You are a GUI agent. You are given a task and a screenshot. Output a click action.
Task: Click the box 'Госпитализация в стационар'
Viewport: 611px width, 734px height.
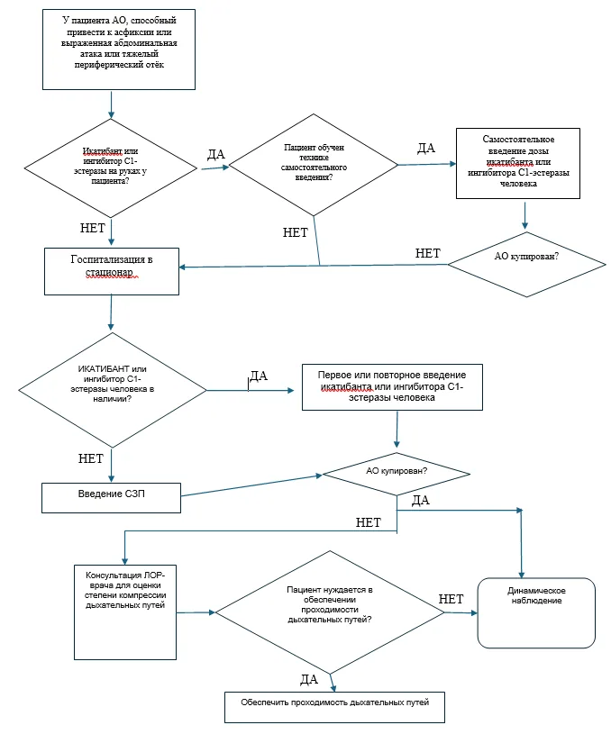tap(112, 271)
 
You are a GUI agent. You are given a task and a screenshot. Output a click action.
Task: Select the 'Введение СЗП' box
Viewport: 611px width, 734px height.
tap(111, 498)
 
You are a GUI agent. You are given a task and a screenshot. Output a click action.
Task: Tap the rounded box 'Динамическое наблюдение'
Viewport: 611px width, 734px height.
tap(536, 612)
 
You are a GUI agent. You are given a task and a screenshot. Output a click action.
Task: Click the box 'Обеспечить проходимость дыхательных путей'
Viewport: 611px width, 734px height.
tap(334, 707)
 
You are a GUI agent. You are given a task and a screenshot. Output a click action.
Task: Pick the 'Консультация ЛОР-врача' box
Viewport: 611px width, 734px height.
tap(125, 612)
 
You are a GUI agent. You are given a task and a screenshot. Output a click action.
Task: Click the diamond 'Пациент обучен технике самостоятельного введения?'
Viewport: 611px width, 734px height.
tap(314, 165)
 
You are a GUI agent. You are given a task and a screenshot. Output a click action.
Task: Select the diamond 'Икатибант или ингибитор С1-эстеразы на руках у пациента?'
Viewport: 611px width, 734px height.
tap(111, 168)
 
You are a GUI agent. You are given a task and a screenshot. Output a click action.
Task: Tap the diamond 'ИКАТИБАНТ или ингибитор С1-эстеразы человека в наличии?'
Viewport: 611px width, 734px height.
tap(113, 390)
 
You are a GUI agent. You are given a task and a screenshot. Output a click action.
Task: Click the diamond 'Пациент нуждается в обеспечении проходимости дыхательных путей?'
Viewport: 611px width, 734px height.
tap(330, 612)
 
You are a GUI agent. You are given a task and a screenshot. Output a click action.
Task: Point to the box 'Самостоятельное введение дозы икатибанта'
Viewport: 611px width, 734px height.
tap(518, 163)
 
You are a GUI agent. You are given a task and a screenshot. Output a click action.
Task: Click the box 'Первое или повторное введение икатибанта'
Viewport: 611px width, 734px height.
tap(392, 387)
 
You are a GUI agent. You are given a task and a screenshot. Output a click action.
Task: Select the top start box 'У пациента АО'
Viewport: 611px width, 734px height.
tap(119, 50)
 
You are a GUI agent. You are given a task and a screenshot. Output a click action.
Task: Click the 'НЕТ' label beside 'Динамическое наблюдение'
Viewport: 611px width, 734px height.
tap(451, 599)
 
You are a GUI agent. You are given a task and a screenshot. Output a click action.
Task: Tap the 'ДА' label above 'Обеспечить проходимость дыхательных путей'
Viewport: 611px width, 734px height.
tap(309, 680)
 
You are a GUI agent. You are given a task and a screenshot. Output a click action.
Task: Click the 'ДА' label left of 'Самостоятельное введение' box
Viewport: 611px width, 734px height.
tap(426, 148)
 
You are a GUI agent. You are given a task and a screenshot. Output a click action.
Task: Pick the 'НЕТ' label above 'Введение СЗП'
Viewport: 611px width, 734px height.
tap(90, 458)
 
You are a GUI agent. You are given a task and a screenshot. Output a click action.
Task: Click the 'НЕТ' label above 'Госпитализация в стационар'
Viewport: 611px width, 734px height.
tap(92, 228)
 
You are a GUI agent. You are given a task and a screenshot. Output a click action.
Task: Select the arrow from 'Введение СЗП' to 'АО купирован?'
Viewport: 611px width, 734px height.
tap(251, 485)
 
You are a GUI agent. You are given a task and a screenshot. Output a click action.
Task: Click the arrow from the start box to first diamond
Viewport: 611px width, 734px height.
tap(112, 104)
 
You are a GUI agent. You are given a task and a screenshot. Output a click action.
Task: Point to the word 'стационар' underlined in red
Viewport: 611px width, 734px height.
tap(109, 273)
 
